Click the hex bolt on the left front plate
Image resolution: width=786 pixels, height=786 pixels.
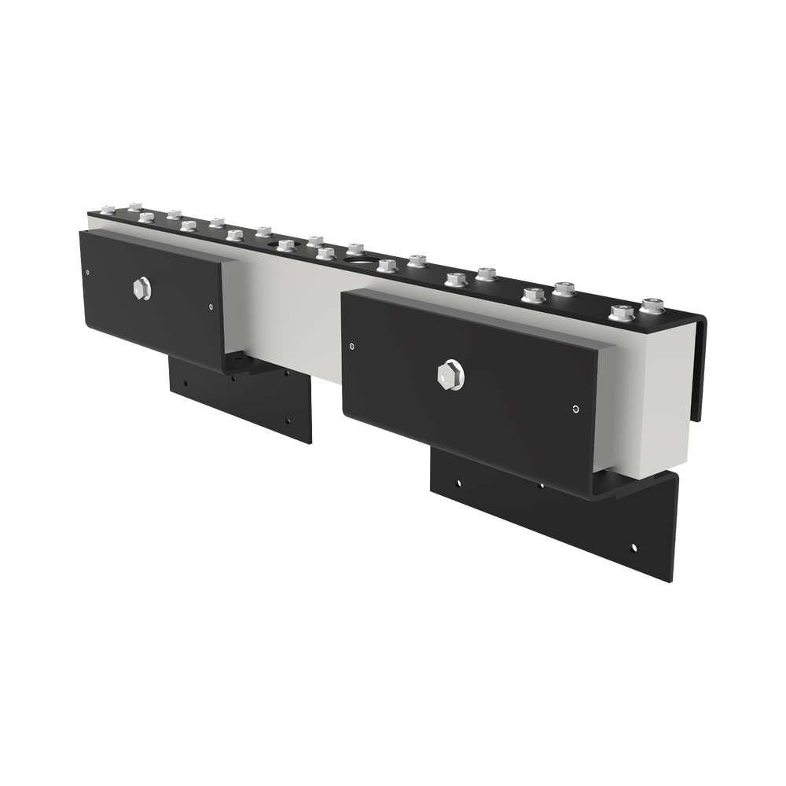(x=142, y=288)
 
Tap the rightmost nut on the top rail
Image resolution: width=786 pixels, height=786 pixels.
(x=652, y=304)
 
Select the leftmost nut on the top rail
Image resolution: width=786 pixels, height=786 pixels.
(x=109, y=208)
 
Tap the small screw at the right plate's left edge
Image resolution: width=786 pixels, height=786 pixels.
(x=351, y=343)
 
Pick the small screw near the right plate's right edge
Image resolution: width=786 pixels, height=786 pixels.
(x=575, y=408)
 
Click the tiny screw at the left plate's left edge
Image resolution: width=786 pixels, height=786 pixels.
(x=86, y=272)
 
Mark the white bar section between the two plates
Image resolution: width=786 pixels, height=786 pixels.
(x=283, y=314)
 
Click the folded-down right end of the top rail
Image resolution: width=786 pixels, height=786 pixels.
(x=699, y=362)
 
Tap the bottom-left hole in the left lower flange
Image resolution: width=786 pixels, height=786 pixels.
(x=185, y=384)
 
